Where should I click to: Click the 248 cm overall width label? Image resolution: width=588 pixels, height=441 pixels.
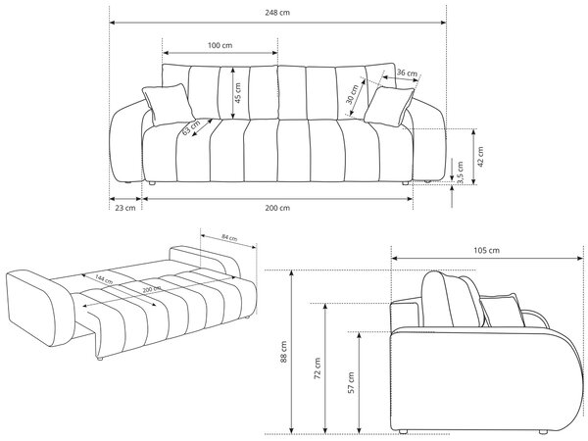277,13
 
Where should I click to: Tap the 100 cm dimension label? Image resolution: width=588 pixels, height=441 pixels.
220,45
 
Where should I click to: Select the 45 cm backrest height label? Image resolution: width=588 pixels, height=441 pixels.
238,93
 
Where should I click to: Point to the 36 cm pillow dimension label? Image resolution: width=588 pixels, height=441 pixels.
407,73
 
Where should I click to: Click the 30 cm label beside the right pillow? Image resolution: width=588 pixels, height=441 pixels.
352,94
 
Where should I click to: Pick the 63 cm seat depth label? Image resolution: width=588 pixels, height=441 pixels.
191,127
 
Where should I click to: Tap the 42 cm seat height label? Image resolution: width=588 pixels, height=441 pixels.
481,156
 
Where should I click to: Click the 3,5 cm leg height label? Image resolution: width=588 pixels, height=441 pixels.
461,172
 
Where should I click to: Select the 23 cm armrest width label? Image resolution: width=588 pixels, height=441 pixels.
124,208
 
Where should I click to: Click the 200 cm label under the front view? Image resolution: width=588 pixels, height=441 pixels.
277,208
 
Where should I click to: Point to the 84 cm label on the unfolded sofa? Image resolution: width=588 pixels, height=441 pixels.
229,237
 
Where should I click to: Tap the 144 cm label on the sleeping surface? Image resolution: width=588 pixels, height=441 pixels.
104,279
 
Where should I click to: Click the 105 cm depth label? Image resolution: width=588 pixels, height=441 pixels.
487,250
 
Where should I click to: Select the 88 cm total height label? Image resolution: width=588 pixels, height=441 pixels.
283,352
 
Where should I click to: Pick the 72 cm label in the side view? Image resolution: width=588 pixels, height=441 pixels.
318,368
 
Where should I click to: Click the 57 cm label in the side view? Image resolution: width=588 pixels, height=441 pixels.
352,383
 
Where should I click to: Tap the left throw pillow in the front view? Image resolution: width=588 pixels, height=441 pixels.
168,104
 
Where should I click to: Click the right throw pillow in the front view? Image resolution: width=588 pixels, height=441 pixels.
389,107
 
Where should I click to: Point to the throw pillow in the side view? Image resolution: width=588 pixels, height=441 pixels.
503,311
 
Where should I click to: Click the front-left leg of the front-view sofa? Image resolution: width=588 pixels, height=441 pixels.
152,183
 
